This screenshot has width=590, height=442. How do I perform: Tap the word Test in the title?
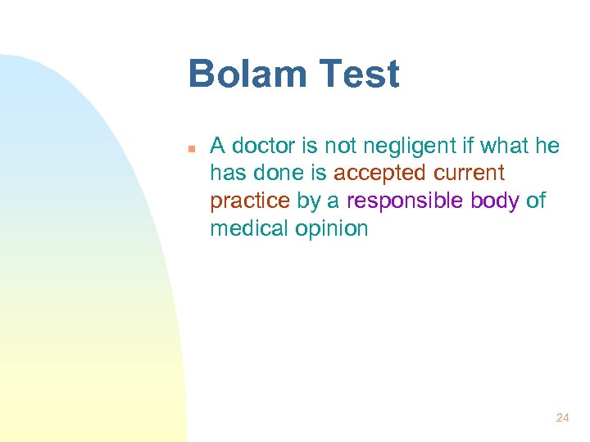pos(358,74)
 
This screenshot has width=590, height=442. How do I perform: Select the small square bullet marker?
pos(190,149)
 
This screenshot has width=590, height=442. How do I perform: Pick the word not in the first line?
pos(339,147)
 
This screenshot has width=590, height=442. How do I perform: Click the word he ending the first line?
pos(547,147)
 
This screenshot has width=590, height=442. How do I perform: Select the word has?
pos(227,174)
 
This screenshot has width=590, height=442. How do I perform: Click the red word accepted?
pos(379,174)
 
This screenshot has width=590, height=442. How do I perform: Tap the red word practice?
pos(250,201)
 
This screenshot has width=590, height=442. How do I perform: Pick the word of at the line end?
pos(536,201)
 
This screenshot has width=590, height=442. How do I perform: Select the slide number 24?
pos(562,417)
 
